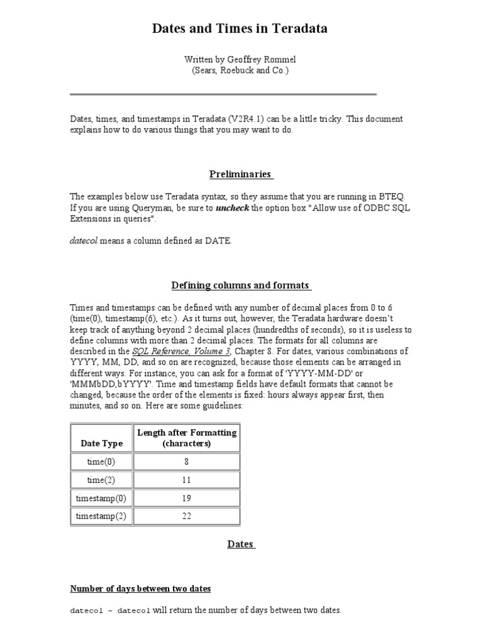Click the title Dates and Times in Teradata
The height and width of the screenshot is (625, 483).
241,28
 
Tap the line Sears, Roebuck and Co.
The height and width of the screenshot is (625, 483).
241,70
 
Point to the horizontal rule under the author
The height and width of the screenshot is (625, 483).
223,94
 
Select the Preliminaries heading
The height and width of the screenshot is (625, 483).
241,174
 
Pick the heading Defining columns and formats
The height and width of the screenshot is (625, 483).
241,285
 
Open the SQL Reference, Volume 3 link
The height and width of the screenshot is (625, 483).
181,351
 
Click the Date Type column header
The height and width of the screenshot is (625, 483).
101,443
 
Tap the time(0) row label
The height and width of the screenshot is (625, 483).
101,462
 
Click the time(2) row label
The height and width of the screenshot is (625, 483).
101,480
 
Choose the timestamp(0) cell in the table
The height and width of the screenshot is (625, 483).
101,498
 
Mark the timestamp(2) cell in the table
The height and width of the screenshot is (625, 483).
101,516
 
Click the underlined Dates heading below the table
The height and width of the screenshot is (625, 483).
241,544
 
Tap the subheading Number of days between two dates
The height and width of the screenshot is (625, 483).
140,589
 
